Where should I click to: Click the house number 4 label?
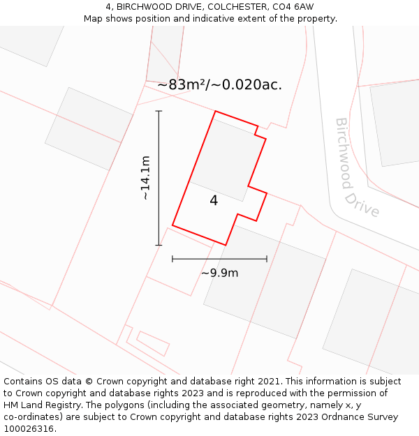[x=214, y=201]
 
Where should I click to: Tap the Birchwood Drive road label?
[x=355, y=168]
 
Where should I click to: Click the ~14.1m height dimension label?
[x=145, y=178]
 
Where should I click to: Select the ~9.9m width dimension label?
[x=219, y=273]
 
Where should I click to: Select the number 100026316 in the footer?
[x=28, y=429]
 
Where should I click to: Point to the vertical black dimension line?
[x=159, y=178]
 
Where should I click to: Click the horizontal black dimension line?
[x=219, y=259]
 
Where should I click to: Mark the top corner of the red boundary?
[x=215, y=112]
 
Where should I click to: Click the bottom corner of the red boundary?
[x=226, y=245]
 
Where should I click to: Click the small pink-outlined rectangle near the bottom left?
[x=153, y=343]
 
